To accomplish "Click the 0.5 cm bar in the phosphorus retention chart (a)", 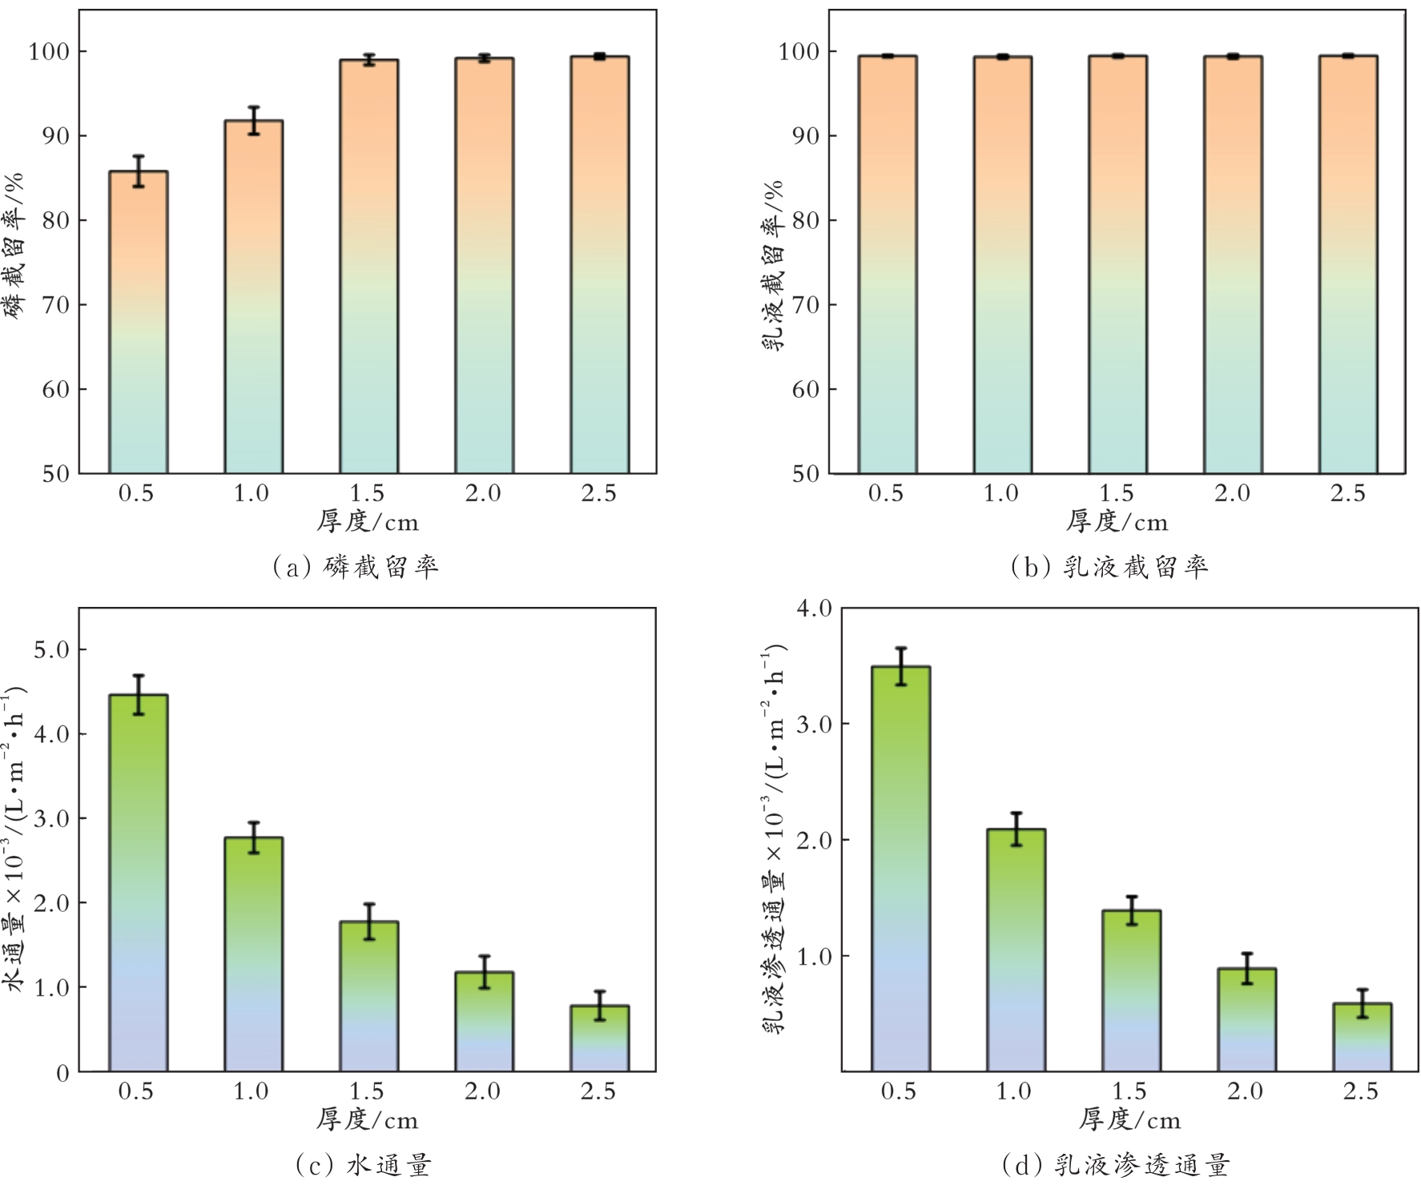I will pos(138,320).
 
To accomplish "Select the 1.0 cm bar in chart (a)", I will pos(253,296).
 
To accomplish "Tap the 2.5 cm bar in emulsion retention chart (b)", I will pos(1348,264).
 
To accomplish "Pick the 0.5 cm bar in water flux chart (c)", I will pos(138,881).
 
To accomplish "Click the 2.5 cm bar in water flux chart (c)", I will pos(599,1038).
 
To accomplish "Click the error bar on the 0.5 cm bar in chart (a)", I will pos(138,171).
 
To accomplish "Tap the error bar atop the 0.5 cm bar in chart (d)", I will pos(901,666).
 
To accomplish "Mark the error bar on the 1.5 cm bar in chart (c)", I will pos(368,921).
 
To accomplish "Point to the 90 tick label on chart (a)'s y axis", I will pos(55,136).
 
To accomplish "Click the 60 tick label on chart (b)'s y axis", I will pos(805,390).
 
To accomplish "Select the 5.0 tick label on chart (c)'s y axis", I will pos(51,650).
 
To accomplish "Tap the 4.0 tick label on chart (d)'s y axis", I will pos(814,609).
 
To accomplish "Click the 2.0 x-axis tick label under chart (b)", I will pos(1232,493).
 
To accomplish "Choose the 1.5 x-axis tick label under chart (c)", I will pos(367,1091).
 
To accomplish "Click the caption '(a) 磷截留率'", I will pos(356,567).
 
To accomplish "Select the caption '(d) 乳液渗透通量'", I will pos(1115,1165).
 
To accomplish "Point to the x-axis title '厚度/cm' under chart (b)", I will pos(1117,522).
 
